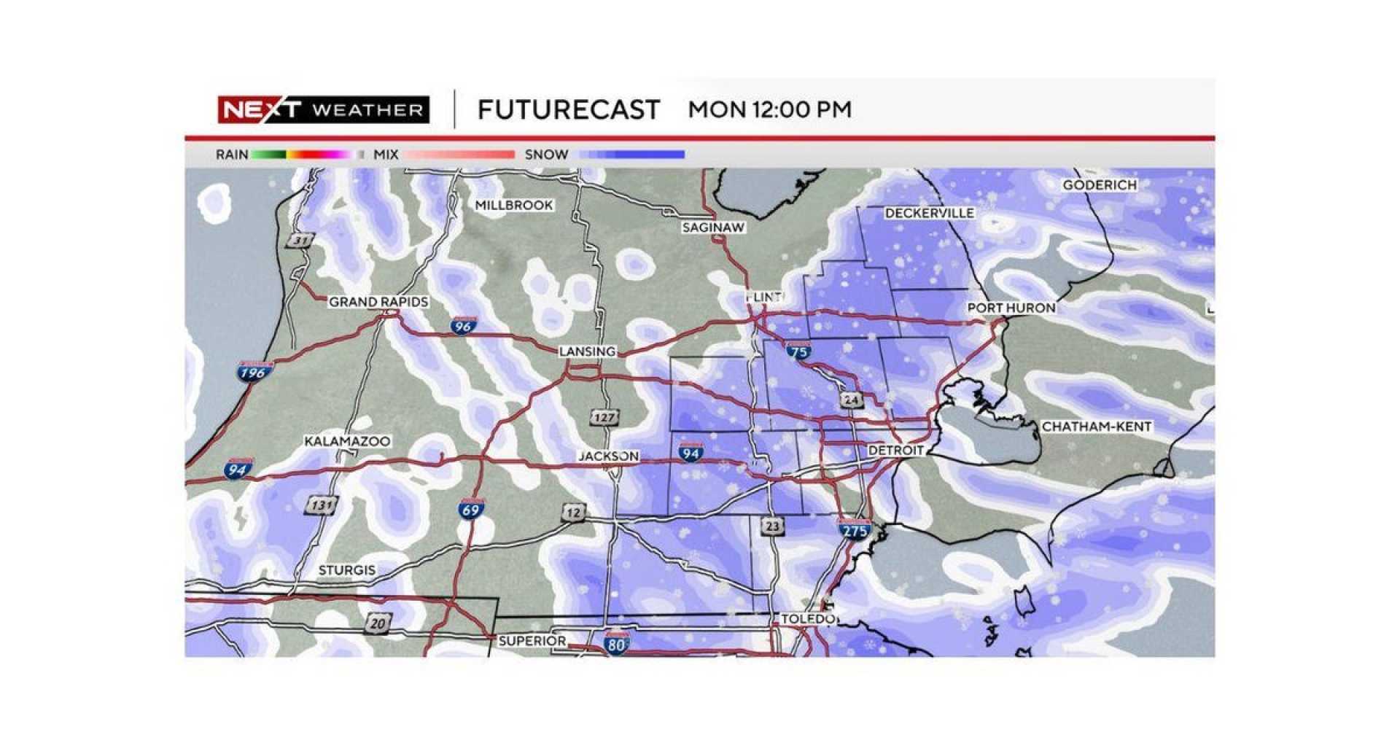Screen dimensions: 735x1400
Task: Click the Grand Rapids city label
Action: pos(378,302)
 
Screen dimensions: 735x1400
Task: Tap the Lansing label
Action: pos(587,351)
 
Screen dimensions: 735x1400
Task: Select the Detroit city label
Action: pos(895,451)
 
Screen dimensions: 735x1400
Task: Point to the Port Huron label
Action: pos(1011,308)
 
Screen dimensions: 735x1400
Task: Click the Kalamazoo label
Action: pos(347,441)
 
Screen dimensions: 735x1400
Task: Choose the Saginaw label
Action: pos(713,227)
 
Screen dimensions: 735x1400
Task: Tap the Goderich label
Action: pos(1099,185)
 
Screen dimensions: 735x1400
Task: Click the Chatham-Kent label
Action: pos(1096,427)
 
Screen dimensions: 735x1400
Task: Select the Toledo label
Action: pos(806,619)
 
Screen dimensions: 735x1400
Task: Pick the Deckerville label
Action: pos(929,213)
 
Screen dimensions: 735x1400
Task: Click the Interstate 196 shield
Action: pos(253,372)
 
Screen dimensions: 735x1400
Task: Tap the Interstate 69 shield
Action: pos(470,509)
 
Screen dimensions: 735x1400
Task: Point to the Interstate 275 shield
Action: pos(855,530)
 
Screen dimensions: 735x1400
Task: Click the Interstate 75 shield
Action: pos(799,351)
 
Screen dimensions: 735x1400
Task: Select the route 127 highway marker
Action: pos(604,418)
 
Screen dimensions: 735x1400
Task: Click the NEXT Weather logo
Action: pos(323,110)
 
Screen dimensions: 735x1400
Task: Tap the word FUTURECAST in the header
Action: pos(568,110)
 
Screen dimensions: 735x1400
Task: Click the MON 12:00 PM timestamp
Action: pos(769,110)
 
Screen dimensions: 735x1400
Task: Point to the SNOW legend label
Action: pos(546,155)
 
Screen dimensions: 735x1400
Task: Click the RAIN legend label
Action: pos(232,155)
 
